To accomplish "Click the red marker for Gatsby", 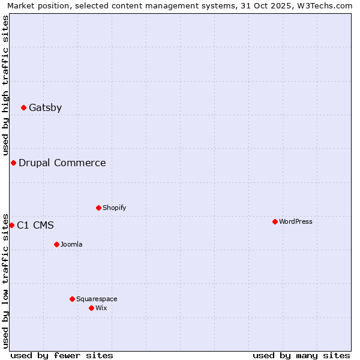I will (24, 108).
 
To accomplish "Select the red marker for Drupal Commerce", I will (13, 163).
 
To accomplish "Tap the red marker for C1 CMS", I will (11, 226).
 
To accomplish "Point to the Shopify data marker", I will (98, 208).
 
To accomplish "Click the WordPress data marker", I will (275, 222).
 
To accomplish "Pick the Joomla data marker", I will (56, 245).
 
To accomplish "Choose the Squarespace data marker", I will (72, 299).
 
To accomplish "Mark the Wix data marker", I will (91, 308).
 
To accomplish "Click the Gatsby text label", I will (46, 108).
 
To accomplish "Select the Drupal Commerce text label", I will (62, 163).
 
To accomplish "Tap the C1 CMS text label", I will (35, 226).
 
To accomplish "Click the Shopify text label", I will (115, 208).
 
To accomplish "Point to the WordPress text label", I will (296, 222).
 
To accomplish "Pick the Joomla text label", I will (71, 245).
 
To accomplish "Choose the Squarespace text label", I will (97, 299).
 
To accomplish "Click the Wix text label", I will (101, 308).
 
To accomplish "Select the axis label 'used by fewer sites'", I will (62, 355).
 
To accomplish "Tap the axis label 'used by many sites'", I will (301, 355).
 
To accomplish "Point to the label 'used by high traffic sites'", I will (6, 85).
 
